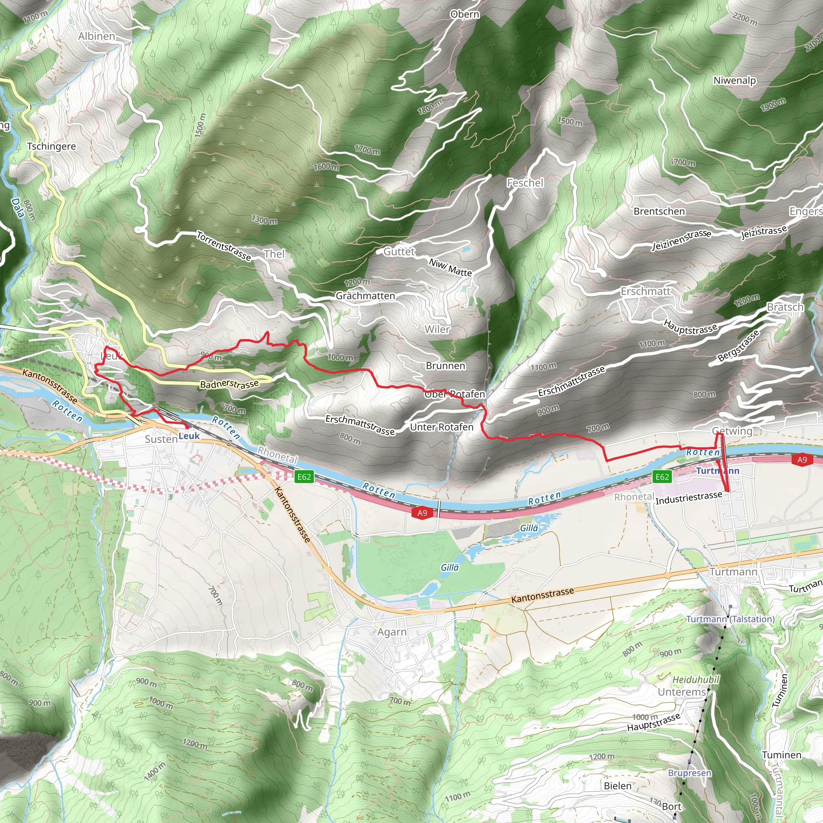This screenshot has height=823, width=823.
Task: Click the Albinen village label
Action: tap(97, 36)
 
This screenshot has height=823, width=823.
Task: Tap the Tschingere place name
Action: tap(51, 146)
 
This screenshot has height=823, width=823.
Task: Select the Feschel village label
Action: tap(525, 183)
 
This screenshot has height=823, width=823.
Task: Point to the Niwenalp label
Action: tap(735, 80)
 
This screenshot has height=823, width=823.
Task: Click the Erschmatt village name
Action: tap(645, 291)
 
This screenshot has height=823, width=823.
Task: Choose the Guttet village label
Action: tap(399, 252)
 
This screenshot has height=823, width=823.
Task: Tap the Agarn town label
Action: tap(392, 632)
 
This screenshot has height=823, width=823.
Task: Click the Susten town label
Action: tap(161, 439)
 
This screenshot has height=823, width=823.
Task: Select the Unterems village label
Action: tap(682, 692)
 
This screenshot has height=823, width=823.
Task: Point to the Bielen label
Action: tap(618, 786)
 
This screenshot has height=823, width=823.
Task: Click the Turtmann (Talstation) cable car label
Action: tap(730, 619)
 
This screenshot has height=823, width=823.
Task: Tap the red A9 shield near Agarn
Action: tap(422, 513)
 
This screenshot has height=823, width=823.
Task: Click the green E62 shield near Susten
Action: tap(304, 477)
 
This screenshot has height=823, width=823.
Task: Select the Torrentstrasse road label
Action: tap(224, 246)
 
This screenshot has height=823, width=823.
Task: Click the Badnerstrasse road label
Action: tap(229, 384)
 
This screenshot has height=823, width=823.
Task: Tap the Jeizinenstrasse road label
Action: tap(682, 240)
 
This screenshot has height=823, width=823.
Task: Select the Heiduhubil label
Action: tap(696, 680)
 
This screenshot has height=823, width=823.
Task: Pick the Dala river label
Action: tap(17, 208)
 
